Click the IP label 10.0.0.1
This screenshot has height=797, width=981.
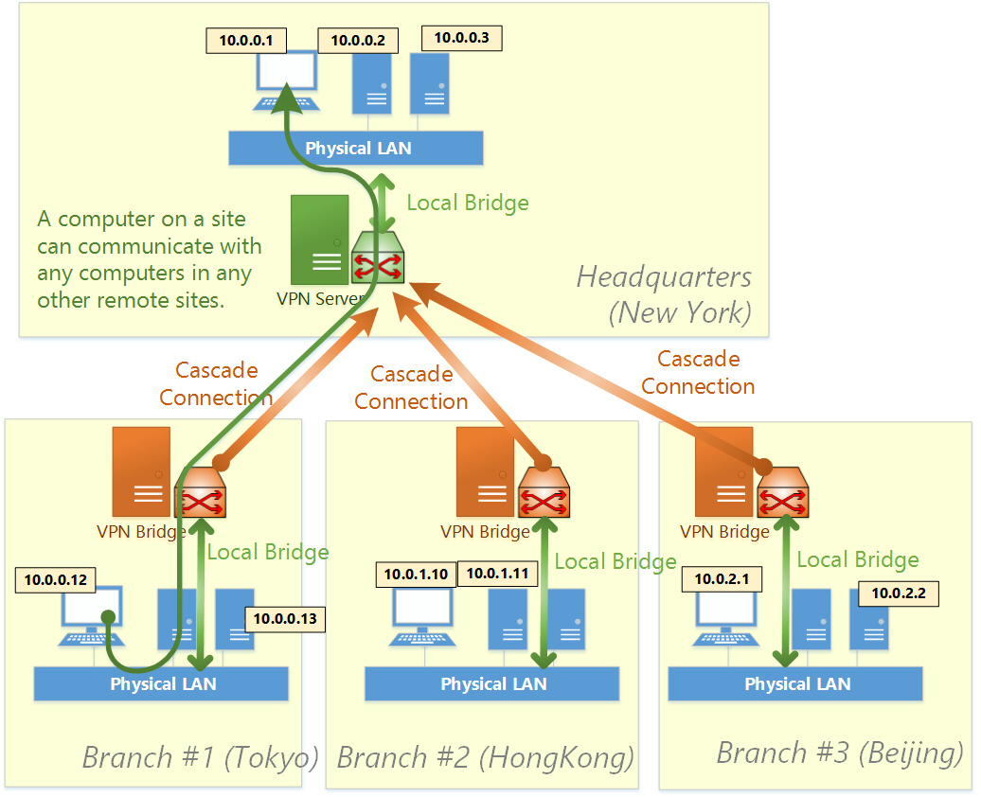click(x=245, y=41)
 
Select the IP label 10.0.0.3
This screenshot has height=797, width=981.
click(x=461, y=38)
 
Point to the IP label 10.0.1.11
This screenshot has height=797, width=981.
click(x=496, y=574)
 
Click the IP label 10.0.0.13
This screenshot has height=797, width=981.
click(x=284, y=620)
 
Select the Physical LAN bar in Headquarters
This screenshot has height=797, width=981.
click(x=356, y=149)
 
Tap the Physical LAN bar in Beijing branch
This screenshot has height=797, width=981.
click(x=795, y=683)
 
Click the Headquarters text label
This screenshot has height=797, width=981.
click(x=663, y=276)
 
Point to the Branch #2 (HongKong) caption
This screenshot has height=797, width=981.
click(x=485, y=757)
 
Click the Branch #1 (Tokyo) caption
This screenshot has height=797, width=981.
click(x=200, y=757)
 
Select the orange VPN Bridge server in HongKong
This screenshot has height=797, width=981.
click(x=485, y=471)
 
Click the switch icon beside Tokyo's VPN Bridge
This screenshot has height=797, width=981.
click(x=202, y=493)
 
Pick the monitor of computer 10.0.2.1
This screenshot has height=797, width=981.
click(x=725, y=610)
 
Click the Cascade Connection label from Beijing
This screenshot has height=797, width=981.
click(x=698, y=372)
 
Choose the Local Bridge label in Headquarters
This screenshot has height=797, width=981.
click(x=467, y=203)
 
